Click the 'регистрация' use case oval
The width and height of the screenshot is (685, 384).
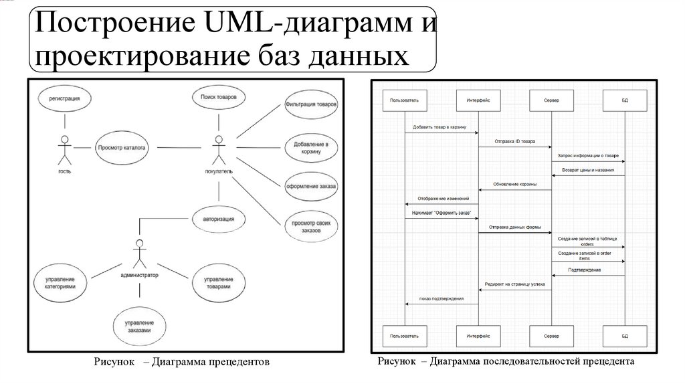point(65,99)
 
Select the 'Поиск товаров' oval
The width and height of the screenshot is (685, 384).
point(219,98)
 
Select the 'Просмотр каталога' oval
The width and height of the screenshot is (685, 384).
point(122,147)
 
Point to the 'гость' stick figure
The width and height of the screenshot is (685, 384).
point(64,150)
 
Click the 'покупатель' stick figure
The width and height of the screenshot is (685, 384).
point(217,150)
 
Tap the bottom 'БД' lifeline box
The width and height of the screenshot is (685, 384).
point(625,334)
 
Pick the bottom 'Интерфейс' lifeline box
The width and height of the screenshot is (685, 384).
point(478,334)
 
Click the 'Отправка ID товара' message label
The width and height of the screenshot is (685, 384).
point(515,142)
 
